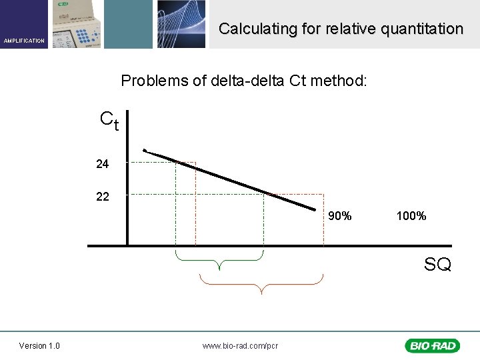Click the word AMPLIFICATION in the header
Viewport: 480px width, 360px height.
pos(24,41)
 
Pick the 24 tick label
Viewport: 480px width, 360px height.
pos(102,163)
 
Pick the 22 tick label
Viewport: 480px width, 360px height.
pos(102,196)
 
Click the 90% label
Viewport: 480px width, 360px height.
pos(340,216)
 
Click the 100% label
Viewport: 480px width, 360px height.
pos(411,216)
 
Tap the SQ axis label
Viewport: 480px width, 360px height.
pos(437,265)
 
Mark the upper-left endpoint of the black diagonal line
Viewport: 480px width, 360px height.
pos(144,151)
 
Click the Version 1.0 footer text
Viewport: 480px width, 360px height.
pos(39,345)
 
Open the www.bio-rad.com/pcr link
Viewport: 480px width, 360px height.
pos(240,345)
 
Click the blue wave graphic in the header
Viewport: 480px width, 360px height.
pos(181,24)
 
